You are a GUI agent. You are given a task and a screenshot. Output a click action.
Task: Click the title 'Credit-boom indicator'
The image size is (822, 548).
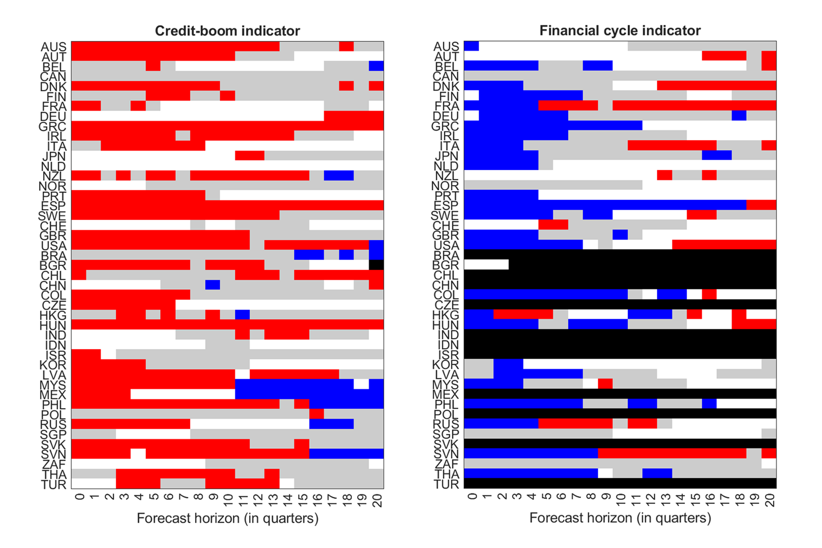pos(227,31)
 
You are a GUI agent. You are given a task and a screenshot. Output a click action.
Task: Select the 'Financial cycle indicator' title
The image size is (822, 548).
pos(620,31)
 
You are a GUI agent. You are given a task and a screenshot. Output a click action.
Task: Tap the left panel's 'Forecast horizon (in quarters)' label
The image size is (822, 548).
pos(227,518)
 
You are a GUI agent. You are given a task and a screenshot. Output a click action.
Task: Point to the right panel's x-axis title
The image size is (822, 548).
pos(620,518)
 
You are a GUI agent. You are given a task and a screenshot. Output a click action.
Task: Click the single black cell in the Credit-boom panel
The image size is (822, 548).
pos(376,265)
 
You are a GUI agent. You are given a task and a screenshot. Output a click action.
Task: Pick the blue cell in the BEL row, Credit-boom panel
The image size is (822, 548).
pos(376,66)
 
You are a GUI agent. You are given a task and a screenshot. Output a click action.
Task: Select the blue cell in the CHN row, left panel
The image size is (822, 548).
pos(213,285)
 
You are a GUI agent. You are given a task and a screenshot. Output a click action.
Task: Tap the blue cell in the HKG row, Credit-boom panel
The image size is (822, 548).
pos(242,315)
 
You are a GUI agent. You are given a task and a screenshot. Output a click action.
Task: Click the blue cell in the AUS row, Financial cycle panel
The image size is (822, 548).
pos(471,46)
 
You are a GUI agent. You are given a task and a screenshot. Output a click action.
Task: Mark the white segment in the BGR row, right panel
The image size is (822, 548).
pos(486,265)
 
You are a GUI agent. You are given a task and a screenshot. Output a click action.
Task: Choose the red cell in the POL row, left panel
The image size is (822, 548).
pos(316,414)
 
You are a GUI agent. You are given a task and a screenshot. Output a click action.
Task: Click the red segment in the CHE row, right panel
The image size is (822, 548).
pos(553,225)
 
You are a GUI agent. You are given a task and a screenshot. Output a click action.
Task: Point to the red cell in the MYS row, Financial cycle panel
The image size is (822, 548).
pos(605,383)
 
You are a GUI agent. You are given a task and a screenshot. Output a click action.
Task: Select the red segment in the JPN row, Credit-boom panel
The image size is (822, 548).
pos(250,155)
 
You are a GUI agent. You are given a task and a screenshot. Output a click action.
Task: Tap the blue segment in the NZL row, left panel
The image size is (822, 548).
pos(339,175)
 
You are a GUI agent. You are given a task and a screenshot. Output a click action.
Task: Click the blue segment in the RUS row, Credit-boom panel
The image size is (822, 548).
pos(331,424)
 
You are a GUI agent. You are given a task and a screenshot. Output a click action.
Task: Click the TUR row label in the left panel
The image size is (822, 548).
pos(54,485)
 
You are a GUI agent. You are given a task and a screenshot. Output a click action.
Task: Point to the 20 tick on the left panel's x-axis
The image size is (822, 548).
pos(378,500)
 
